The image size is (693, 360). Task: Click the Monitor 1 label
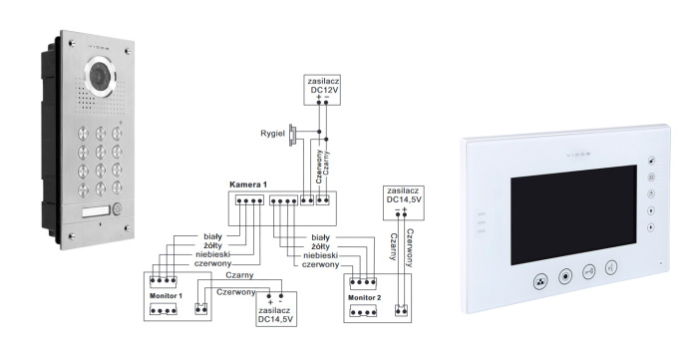coord(166,297)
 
